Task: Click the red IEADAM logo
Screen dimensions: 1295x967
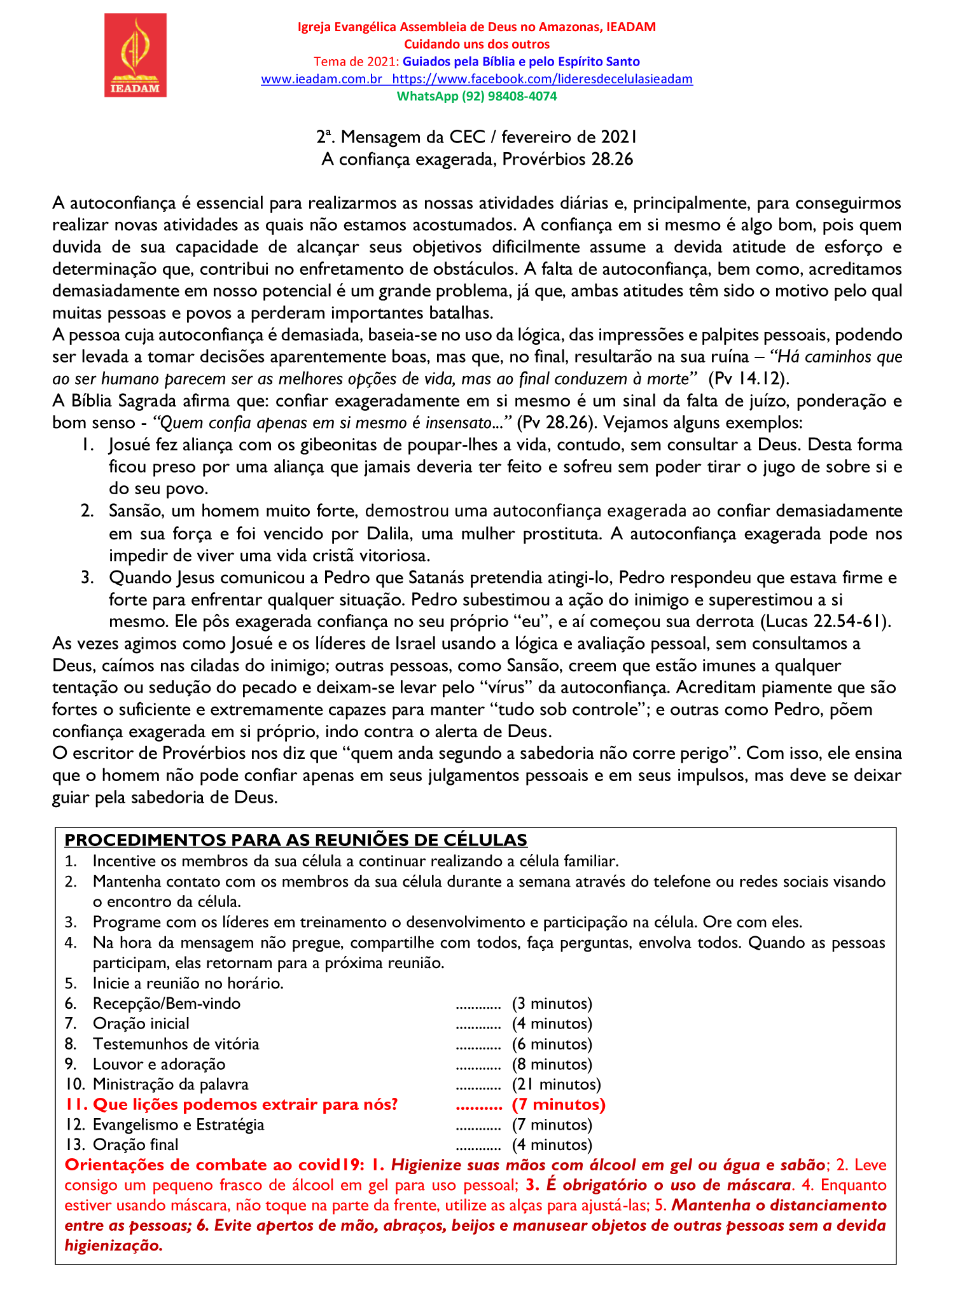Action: point(136,56)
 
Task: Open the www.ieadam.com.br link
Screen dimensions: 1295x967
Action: point(321,79)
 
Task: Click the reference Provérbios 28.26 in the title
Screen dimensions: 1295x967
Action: point(567,159)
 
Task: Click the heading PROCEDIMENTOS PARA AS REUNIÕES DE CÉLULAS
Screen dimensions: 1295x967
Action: point(296,840)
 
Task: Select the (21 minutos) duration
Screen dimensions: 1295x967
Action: point(556,1084)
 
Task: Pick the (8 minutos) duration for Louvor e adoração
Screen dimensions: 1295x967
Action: point(552,1064)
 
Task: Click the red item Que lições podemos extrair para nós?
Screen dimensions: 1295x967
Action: point(245,1104)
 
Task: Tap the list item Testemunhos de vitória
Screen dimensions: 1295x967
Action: point(176,1044)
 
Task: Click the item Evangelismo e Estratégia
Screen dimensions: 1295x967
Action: point(178,1125)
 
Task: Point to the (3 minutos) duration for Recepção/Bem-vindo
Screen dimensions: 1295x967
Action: point(552,1004)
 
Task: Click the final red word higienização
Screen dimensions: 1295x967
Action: point(114,1245)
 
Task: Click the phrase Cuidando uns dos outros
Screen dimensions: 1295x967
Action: point(477,45)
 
